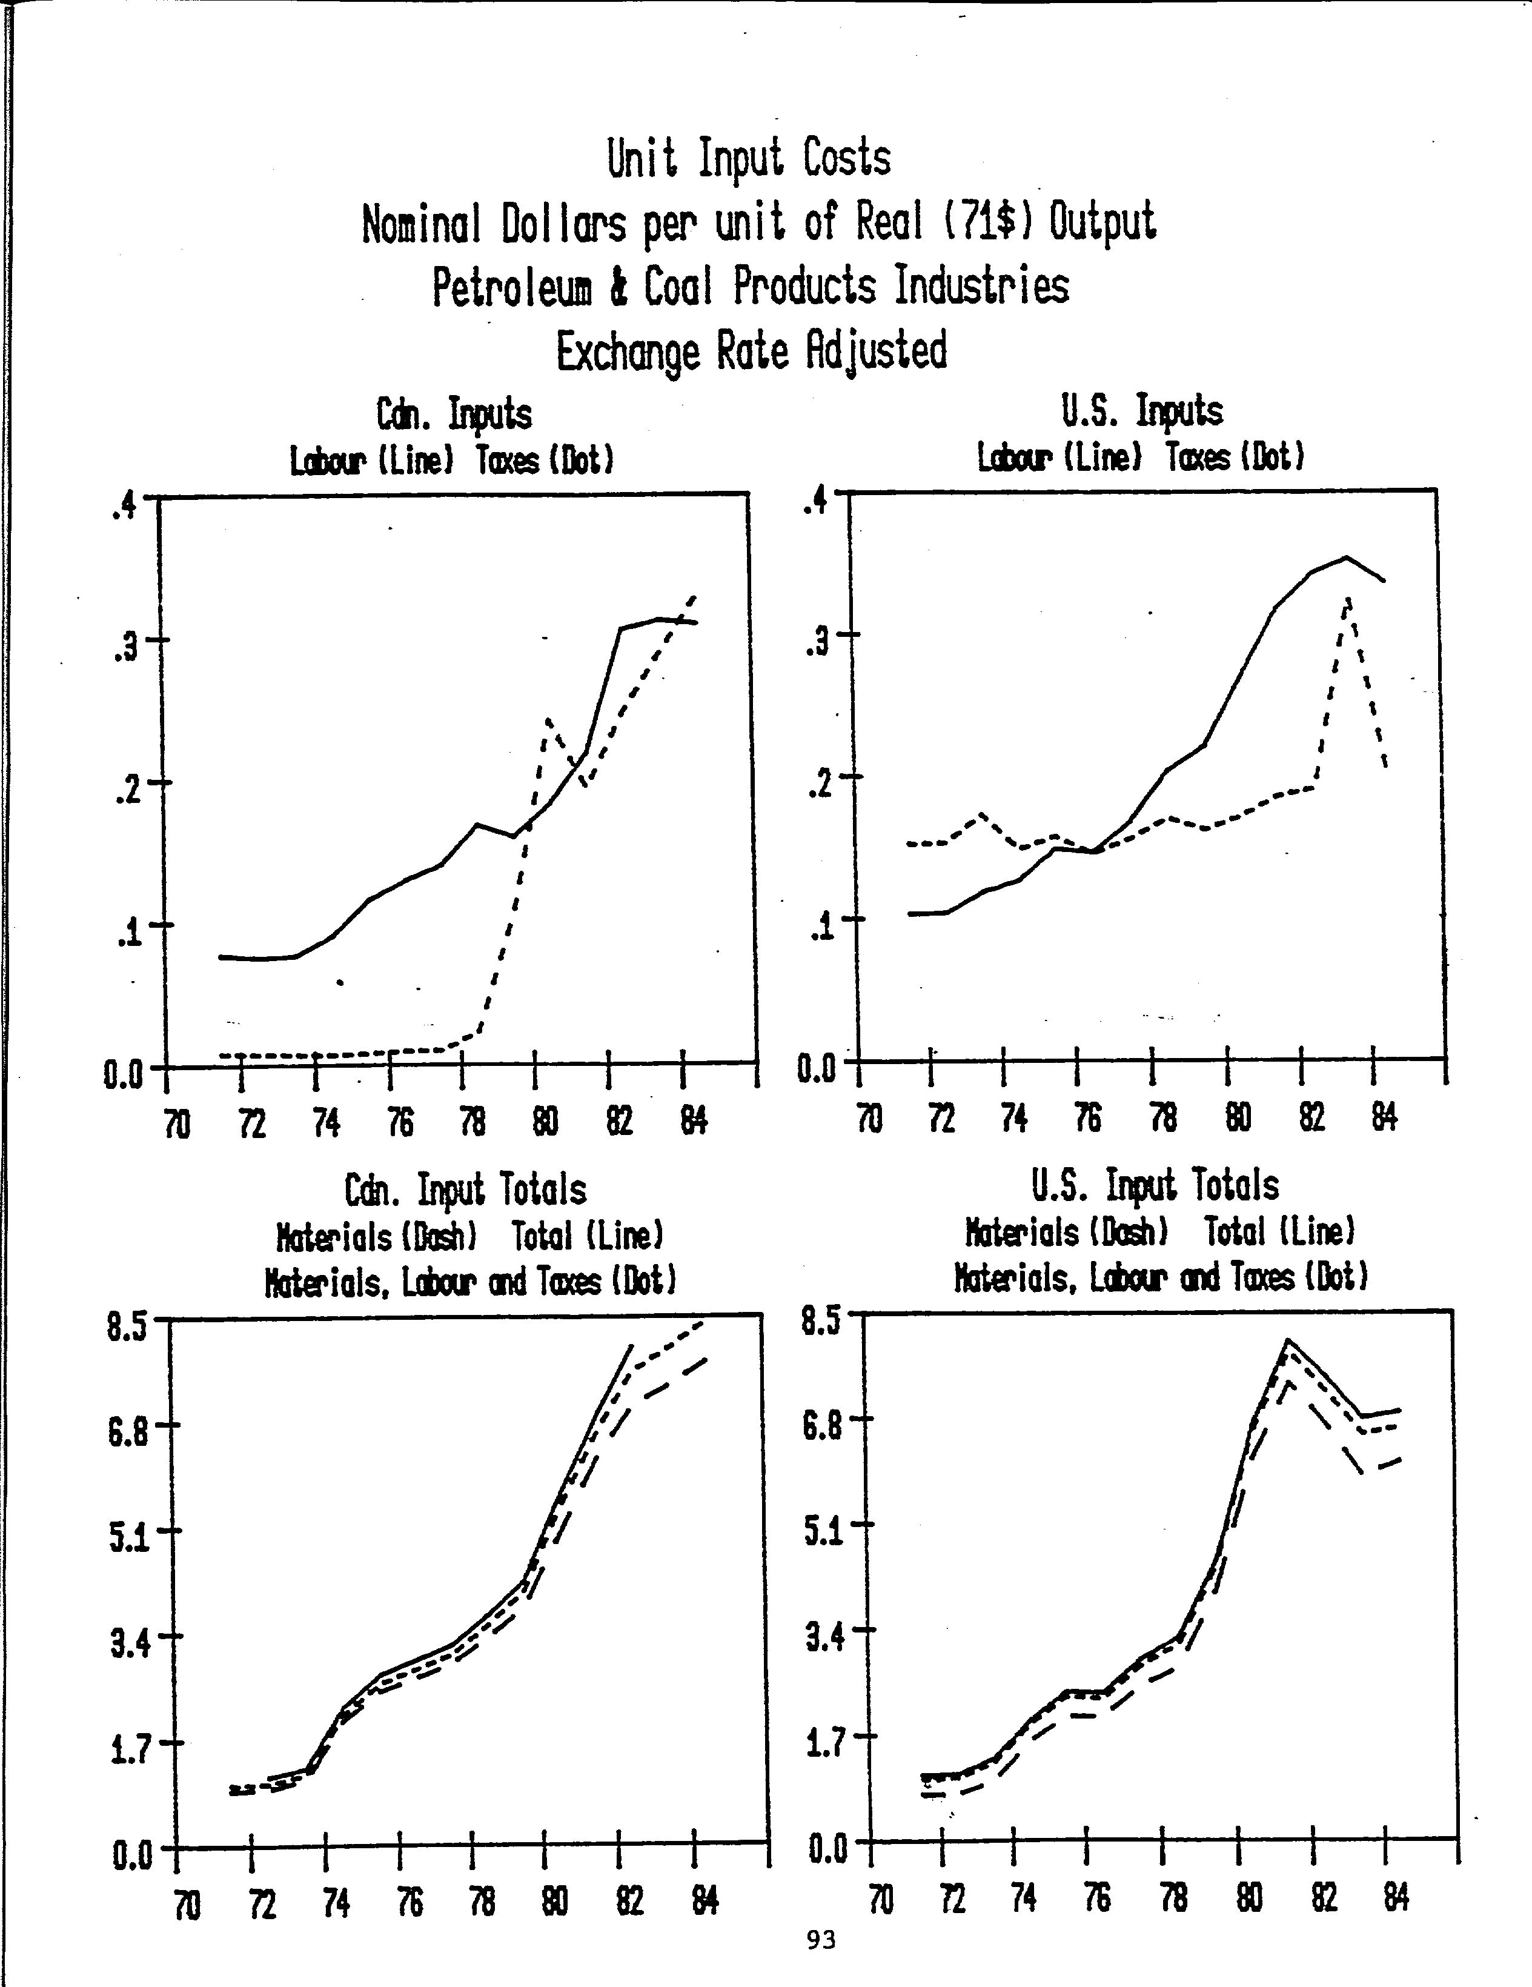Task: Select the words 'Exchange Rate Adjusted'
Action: pos(751,352)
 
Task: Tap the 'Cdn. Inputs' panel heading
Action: pos(454,415)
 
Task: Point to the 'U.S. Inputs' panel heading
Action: pos(1142,410)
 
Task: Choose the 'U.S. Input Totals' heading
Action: pos(1155,1185)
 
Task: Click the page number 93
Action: pos(821,1940)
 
